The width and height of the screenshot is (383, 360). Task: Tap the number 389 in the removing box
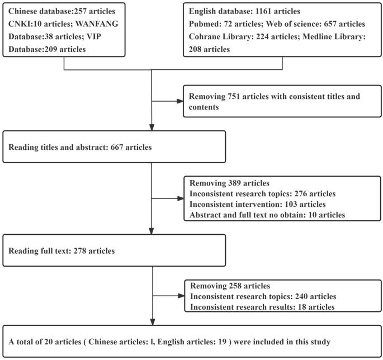234,183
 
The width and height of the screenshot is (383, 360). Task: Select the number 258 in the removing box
234,286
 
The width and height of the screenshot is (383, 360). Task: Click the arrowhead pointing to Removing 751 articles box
179,102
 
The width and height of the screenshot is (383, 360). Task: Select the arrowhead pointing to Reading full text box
152,230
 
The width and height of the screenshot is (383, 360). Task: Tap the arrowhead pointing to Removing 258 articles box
179,295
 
